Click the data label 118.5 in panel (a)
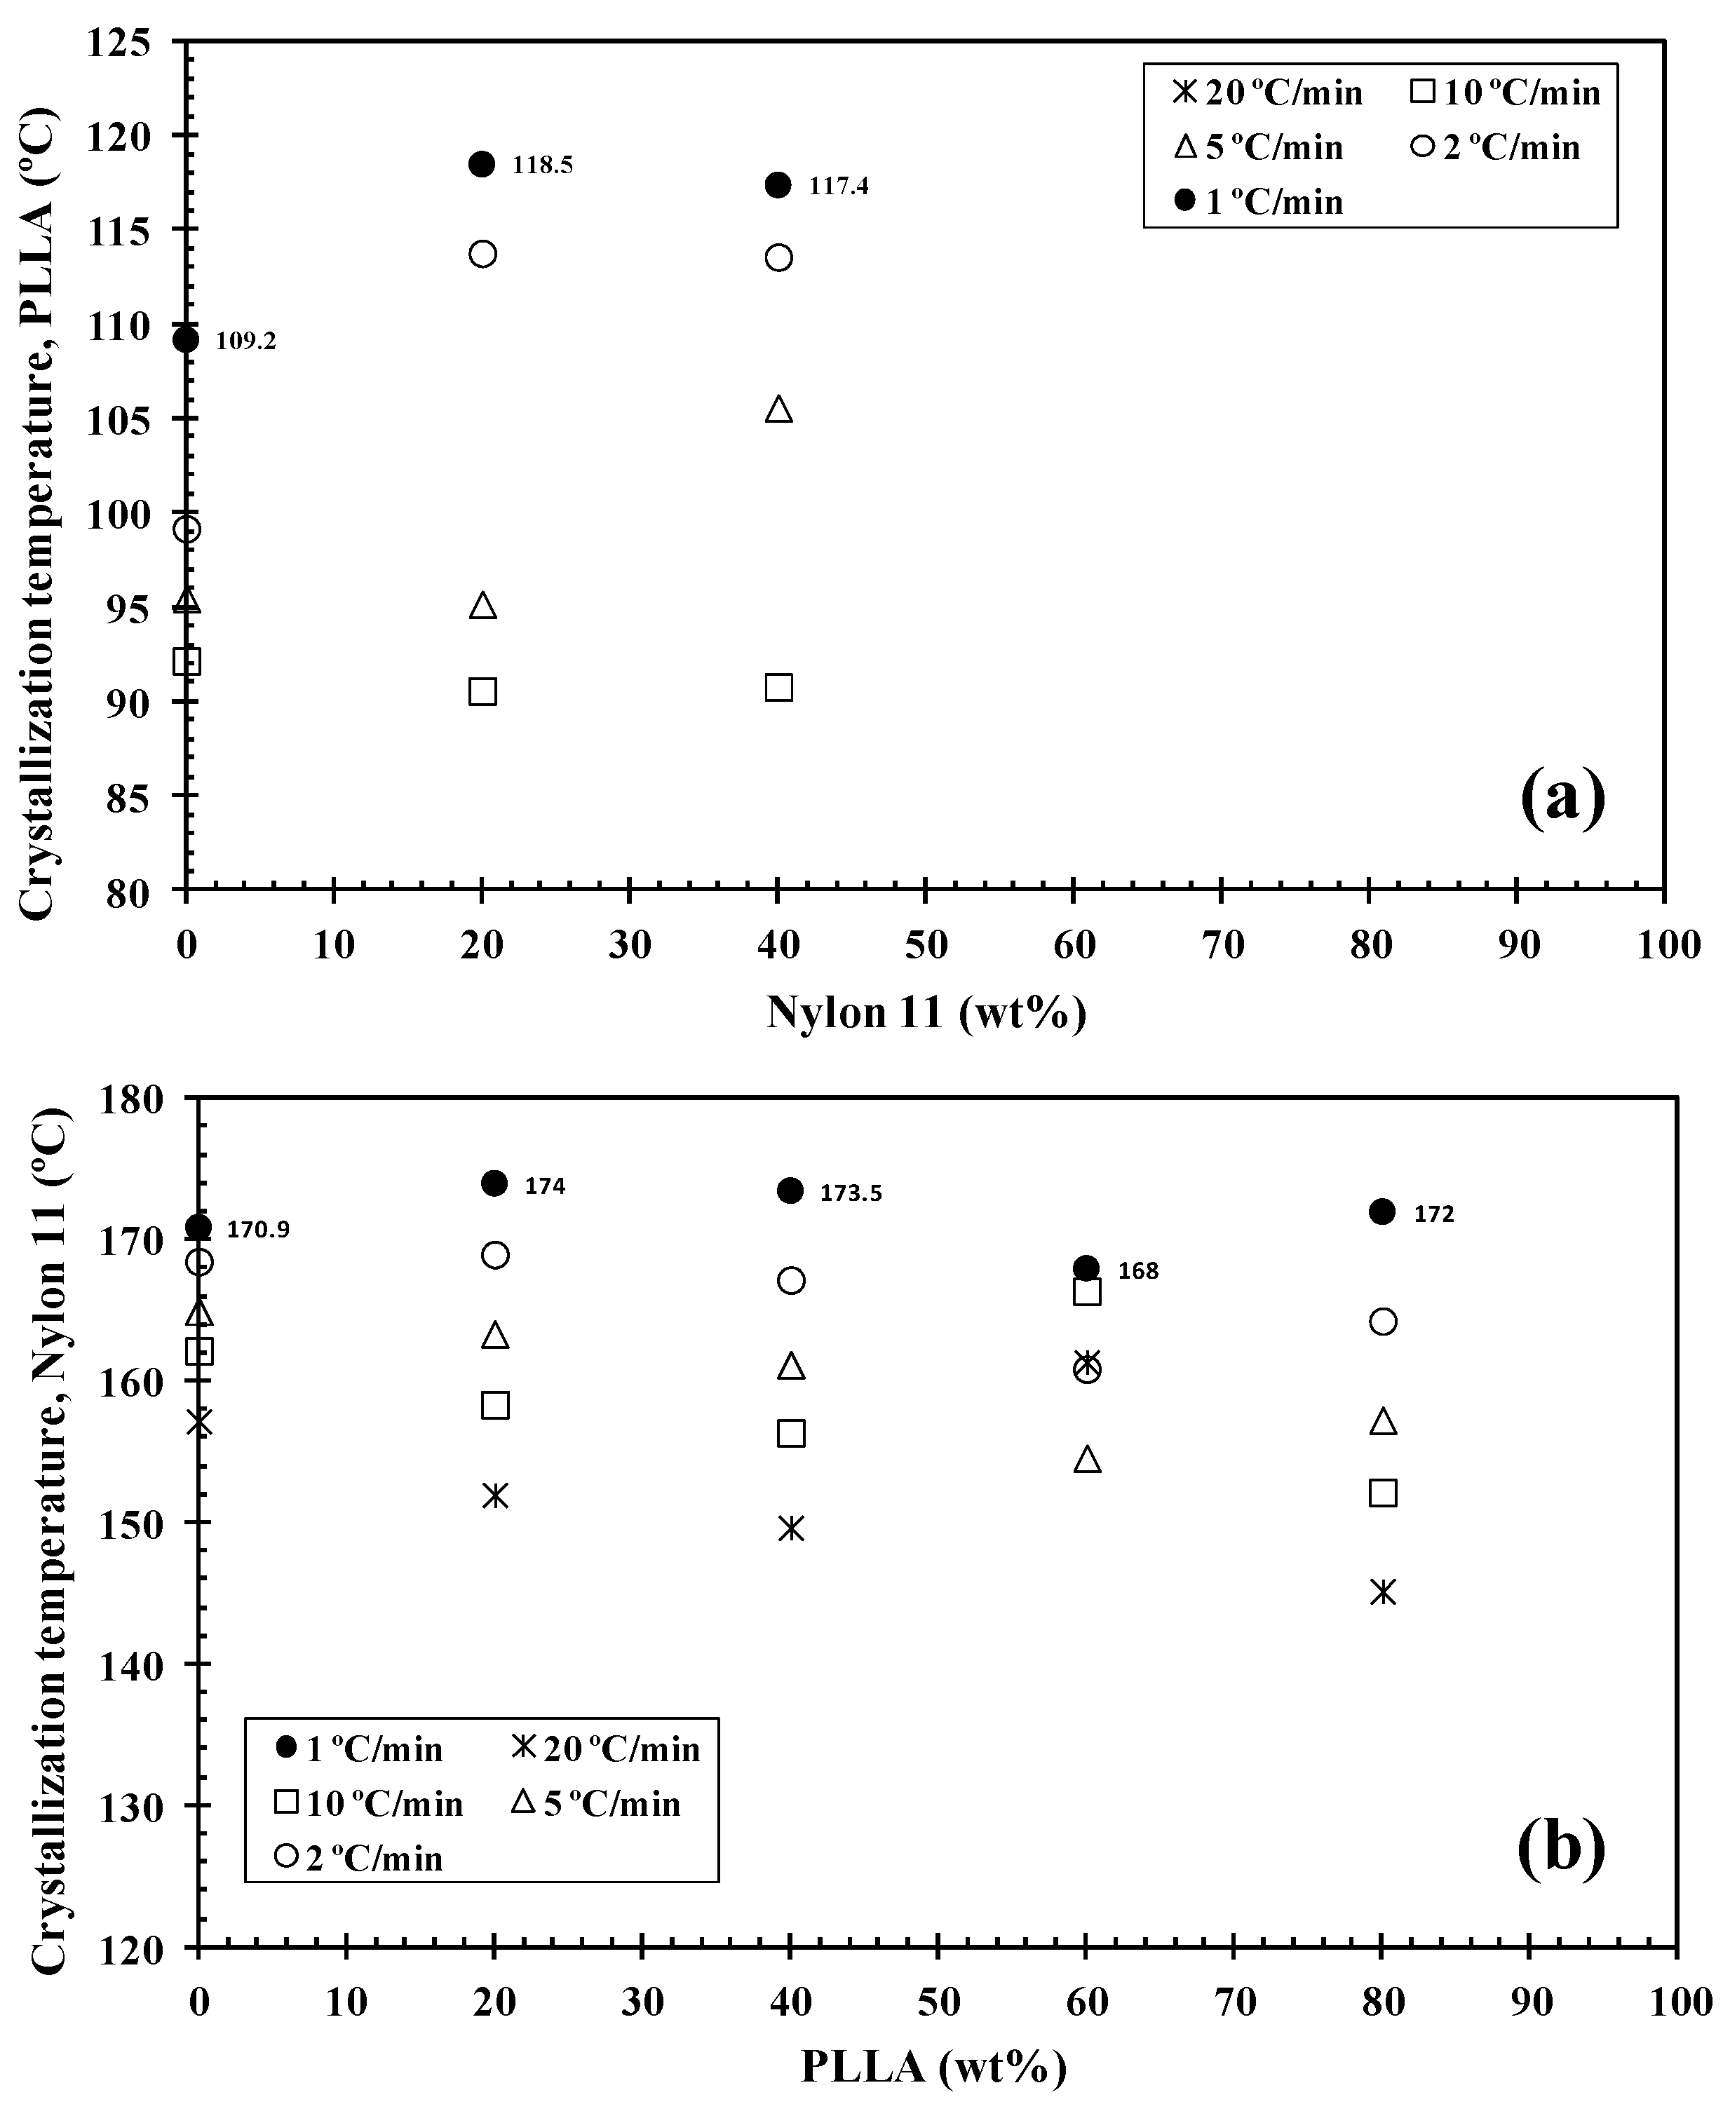coord(542,165)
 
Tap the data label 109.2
coord(246,342)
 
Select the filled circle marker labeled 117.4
coord(779,184)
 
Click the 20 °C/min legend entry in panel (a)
coord(1269,93)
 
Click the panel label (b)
coord(1561,1846)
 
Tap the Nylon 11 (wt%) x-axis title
coord(925,1013)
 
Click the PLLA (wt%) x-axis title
coord(933,2068)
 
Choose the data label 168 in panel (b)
coord(1137,1271)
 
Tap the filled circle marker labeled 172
coord(1381,1211)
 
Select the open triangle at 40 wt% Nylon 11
coord(779,409)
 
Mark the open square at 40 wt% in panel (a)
coord(779,688)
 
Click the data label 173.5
coord(851,1193)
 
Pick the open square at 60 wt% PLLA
coord(1087,1292)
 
